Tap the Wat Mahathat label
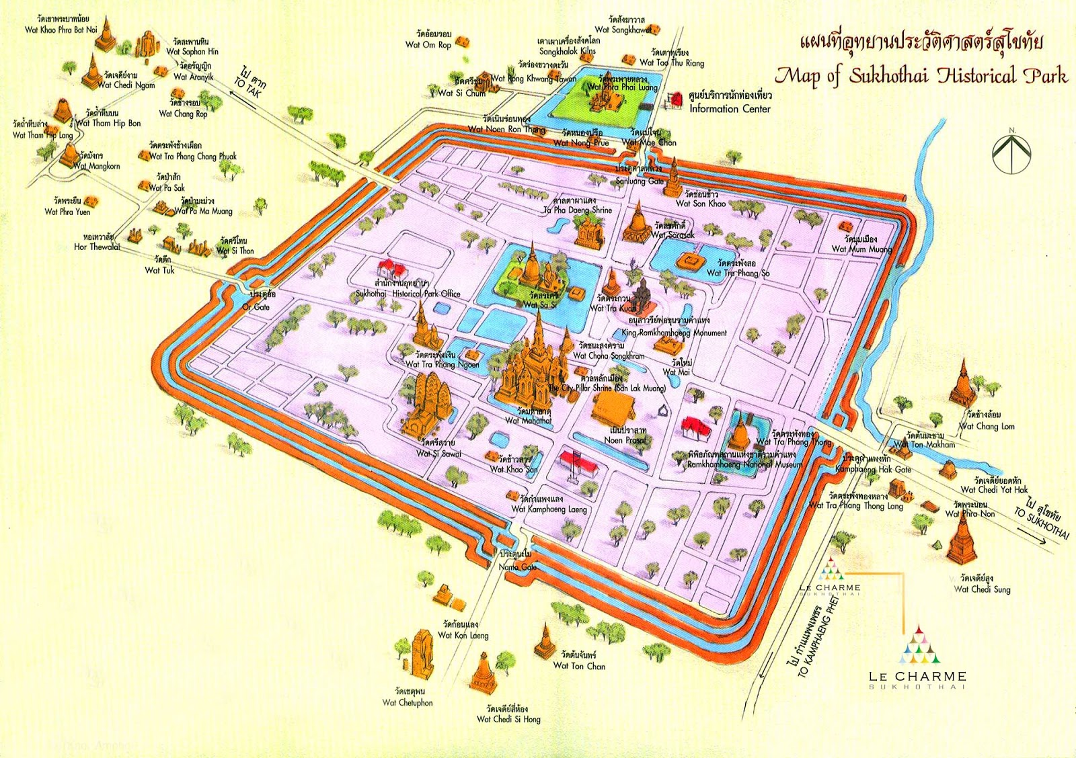pos(528,421)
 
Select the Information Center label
pos(730,108)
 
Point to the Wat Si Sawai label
pos(438,454)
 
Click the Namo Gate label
pos(518,566)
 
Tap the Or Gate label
pos(256,307)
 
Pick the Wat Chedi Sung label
pos(982,589)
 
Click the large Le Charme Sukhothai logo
pos(918,659)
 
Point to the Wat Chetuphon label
pos(408,702)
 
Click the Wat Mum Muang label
pos(861,249)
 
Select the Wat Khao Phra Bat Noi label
pos(61,30)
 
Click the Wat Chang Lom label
pos(987,426)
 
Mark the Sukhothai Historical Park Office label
pos(408,294)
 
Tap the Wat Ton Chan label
pos(579,666)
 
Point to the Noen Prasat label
pos(625,440)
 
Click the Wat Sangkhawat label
pos(623,30)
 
